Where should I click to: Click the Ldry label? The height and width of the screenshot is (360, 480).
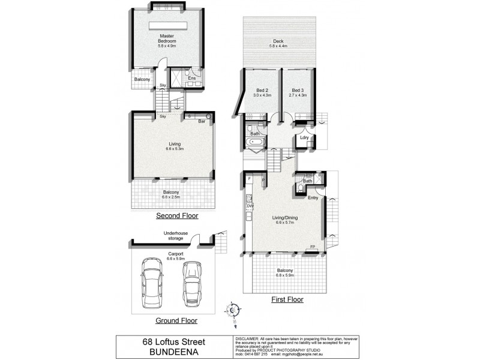(304, 137)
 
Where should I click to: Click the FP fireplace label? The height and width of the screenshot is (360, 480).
(312, 247)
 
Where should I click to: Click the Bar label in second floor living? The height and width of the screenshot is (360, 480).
(203, 121)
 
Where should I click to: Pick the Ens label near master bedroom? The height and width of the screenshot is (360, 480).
(192, 78)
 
